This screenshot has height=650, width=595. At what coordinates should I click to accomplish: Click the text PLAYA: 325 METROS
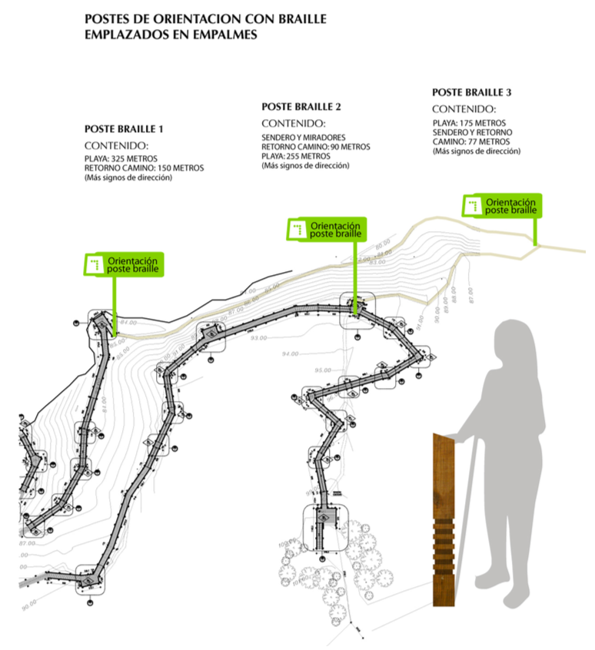115,159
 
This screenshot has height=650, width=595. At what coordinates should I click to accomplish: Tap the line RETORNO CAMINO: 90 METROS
316,147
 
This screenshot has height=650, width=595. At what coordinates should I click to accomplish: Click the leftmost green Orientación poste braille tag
124,264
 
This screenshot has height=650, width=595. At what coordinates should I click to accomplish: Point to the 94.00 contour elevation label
290,354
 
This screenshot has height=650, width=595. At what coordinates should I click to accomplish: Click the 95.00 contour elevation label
323,370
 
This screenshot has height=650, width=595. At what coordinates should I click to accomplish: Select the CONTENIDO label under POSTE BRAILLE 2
293,124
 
